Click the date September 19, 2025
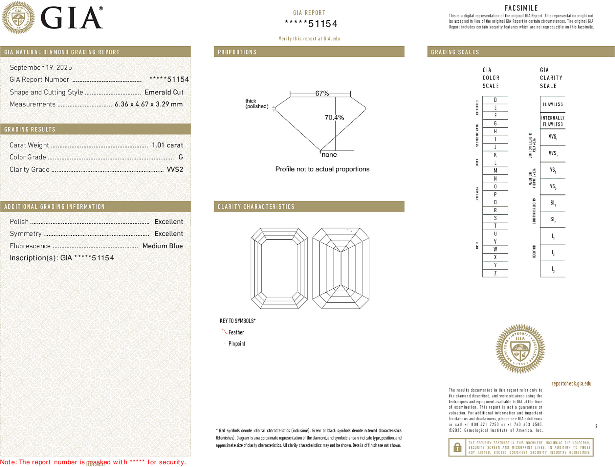tap(41, 67)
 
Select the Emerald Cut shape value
tap(164, 92)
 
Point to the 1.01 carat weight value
tap(167, 145)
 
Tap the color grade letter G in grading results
tap(180, 157)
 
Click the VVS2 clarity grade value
tap(175, 169)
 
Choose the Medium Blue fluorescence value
tap(163, 246)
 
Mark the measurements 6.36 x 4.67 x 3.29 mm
tap(148, 104)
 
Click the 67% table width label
tap(322, 93)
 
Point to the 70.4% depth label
tap(334, 118)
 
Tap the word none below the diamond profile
tap(329, 155)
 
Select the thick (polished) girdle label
tap(256, 103)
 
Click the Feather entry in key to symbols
tap(236, 332)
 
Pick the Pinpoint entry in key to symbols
tap(237, 344)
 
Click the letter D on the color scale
tap(495, 100)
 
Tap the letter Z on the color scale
tap(495, 273)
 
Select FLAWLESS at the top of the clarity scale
tap(553, 104)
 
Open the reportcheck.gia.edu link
tap(571, 383)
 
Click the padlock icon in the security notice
tap(457, 447)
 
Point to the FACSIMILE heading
tap(521, 8)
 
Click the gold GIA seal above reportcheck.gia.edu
tap(520, 349)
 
